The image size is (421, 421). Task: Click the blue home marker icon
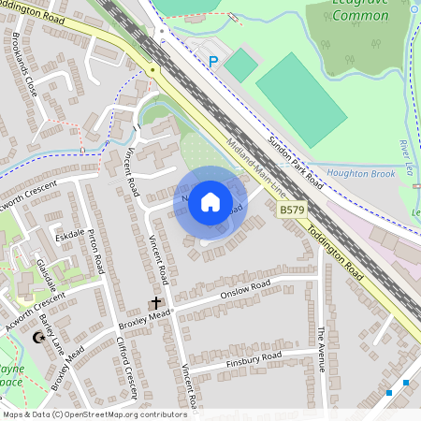click(x=210, y=201)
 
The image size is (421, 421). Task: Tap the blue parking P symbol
click(x=212, y=62)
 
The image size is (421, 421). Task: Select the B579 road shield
click(x=292, y=213)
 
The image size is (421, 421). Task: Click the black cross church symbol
click(x=156, y=304)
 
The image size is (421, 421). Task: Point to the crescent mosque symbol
click(x=39, y=337)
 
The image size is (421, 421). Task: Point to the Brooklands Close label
click(x=25, y=66)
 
